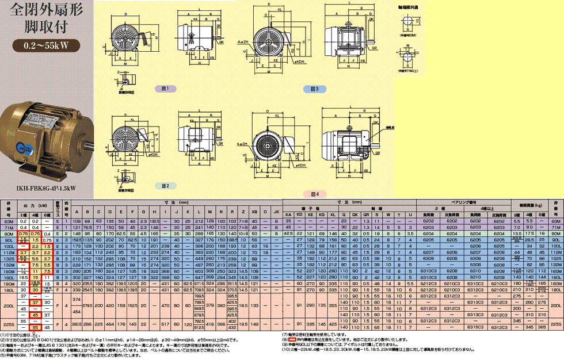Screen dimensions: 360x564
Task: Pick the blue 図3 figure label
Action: [315, 89]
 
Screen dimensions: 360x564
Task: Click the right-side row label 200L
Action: [556, 306]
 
